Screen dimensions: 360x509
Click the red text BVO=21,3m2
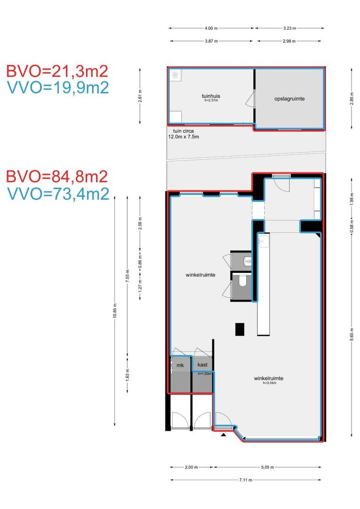57,72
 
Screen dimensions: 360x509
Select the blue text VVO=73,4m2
58,194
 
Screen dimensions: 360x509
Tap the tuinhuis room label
211,96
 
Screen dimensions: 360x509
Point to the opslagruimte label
290,99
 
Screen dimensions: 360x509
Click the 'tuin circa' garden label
183,131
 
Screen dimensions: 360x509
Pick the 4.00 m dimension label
211,28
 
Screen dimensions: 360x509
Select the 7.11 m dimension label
246,480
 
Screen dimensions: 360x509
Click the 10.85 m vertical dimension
115,311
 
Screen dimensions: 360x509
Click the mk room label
180,365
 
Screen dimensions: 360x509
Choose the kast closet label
202,365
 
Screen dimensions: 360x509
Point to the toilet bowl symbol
243,280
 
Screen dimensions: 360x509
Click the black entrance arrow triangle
223,435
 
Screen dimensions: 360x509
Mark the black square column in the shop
240,329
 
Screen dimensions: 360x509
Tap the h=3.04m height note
270,383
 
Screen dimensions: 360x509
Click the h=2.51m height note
211,101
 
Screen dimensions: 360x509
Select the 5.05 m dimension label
268,467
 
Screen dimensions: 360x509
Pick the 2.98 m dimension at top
289,41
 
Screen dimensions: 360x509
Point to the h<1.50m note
205,374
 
